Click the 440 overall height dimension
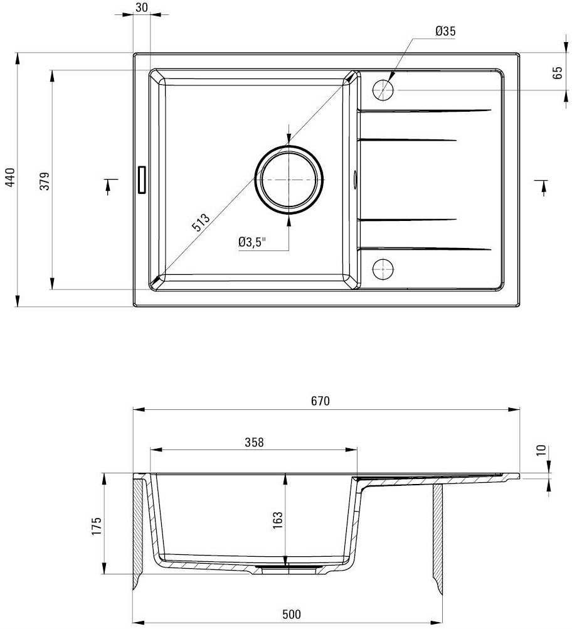click(x=11, y=177)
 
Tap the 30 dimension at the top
click(x=142, y=8)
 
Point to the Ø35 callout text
click(x=445, y=31)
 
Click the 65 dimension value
click(x=558, y=73)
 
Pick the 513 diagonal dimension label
click(x=201, y=222)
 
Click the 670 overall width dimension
click(x=320, y=401)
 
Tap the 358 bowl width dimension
click(x=254, y=442)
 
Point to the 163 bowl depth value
click(x=277, y=520)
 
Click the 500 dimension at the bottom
click(x=292, y=614)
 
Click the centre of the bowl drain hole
click(x=289, y=180)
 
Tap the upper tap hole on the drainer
click(x=383, y=90)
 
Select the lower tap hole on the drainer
click(x=383, y=269)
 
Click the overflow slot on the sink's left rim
click(x=142, y=180)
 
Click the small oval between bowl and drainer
click(x=355, y=179)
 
